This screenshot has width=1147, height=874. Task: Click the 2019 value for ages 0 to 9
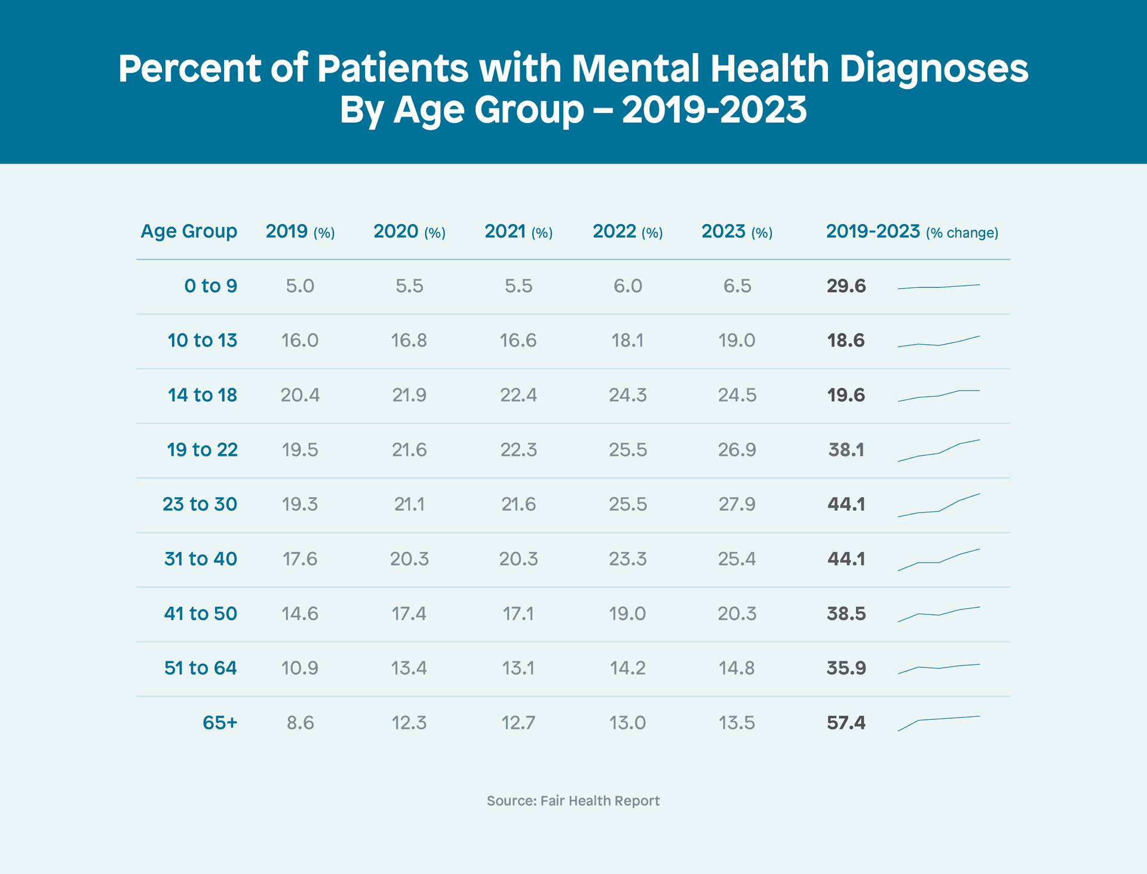300,286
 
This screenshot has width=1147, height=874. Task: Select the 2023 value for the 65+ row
737,723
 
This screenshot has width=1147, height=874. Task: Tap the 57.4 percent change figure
846,723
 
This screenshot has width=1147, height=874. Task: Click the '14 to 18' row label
203,395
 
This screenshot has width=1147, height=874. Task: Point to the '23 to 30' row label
200,504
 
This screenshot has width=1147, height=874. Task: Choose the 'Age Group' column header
189,231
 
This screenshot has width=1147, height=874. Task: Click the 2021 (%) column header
519,232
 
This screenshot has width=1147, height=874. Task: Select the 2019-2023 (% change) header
912,232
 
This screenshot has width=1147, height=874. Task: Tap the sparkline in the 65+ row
939,722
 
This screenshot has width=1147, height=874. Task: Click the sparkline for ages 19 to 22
939,450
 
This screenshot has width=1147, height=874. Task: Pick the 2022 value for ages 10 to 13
627,341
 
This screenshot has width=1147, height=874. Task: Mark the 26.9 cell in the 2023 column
737,450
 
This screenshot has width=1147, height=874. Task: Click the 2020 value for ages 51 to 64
409,668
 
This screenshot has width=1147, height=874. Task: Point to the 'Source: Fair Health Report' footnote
573,801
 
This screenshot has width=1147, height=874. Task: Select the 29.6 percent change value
846,286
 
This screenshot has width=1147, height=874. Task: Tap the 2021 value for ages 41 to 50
519,614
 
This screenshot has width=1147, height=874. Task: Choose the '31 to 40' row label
201,559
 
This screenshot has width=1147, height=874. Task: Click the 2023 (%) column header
737,232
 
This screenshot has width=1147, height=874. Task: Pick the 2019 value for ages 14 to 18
300,395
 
